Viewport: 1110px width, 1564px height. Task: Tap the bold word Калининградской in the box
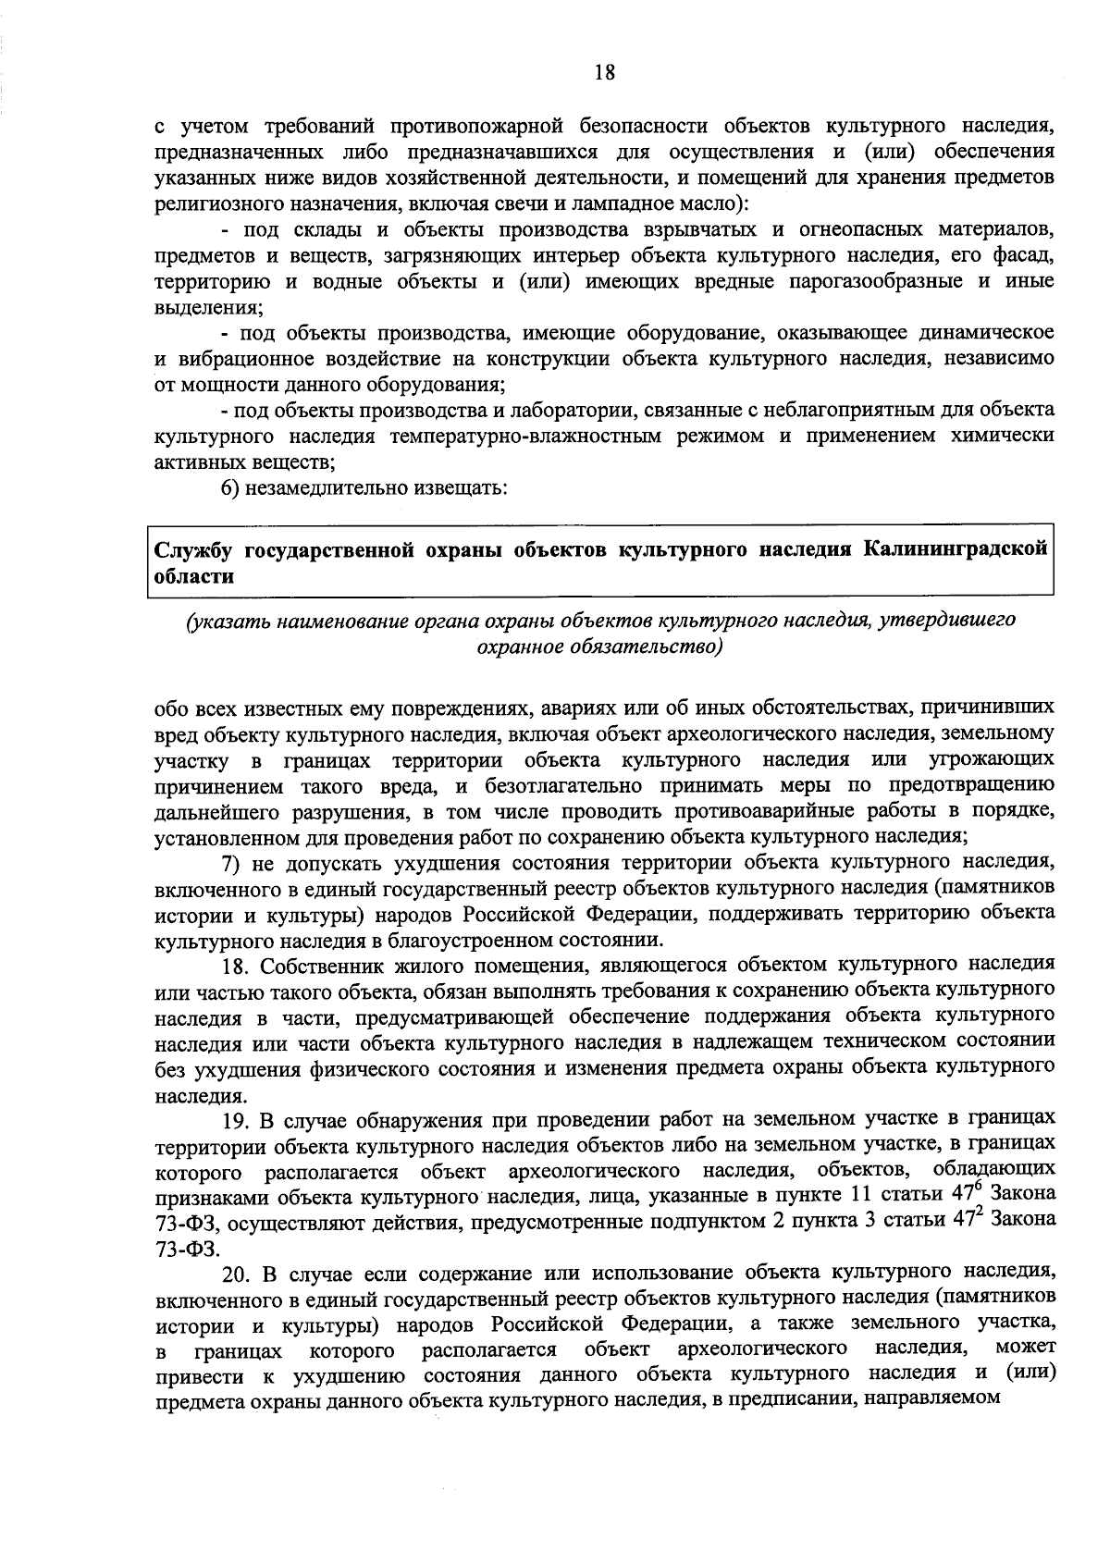coord(956,549)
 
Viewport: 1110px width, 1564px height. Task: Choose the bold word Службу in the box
coord(191,549)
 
